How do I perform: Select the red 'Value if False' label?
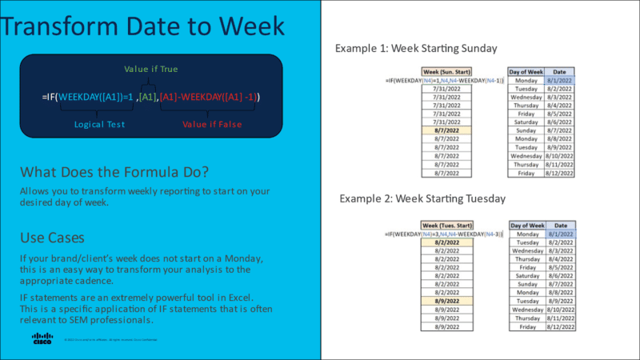pyautogui.click(x=210, y=125)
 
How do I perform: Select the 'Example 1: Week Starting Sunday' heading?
pyautogui.click(x=416, y=49)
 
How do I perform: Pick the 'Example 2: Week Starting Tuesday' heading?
pyautogui.click(x=422, y=198)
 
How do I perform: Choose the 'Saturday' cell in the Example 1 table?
pyautogui.click(x=526, y=120)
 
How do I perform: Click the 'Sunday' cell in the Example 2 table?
pyautogui.click(x=526, y=283)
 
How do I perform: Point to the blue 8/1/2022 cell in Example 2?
pyautogui.click(x=561, y=232)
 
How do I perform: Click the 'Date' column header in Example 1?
pyautogui.click(x=561, y=71)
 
